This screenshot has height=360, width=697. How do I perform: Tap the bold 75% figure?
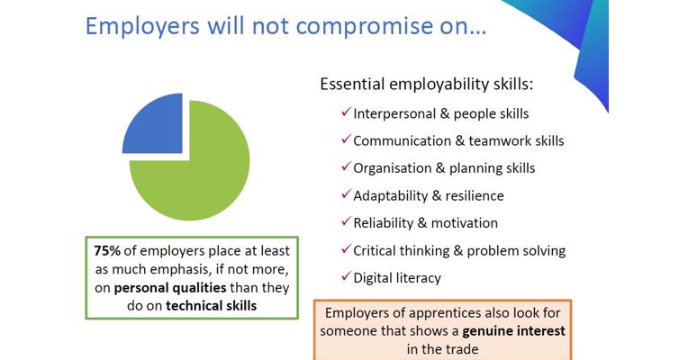pos(107,251)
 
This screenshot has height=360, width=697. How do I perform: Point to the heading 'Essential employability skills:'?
pos(427,84)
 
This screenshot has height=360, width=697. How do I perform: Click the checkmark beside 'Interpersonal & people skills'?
pos(347,112)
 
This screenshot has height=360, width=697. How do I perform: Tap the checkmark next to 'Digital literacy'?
pos(347,276)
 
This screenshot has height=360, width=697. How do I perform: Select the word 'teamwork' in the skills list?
pos(501,141)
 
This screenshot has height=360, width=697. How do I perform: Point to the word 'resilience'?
pos(475,196)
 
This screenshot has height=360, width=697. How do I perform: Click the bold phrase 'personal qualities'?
pos(170,288)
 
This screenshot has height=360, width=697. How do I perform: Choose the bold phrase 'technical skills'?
pos(211,306)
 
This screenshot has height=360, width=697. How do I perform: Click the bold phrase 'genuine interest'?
pos(514,331)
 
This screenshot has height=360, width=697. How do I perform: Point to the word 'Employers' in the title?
pos(142,26)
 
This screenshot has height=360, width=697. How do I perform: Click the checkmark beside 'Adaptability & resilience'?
pos(347,193)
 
